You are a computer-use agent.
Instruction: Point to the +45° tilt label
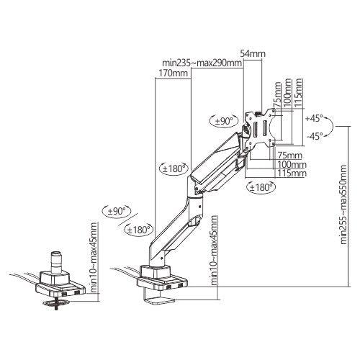click(315, 117)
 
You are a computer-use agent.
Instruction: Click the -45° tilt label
click(315, 135)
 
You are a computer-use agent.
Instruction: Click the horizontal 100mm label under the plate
click(292, 165)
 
